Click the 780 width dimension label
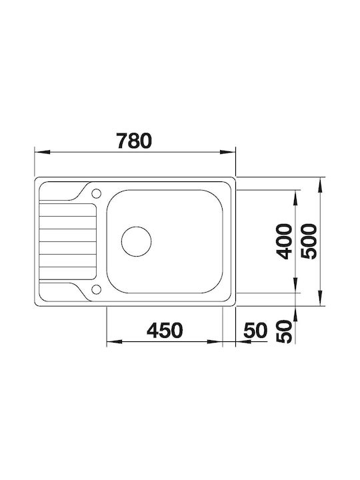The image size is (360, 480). click(134, 141)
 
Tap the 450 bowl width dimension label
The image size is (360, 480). click(165, 330)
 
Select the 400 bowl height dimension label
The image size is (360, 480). click(284, 241)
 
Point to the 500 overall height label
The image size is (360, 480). click(309, 241)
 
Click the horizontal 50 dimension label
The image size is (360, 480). click(255, 330)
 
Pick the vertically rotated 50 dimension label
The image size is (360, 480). click(284, 331)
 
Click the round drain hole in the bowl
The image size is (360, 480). click(137, 241)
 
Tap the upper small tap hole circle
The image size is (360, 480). click(96, 194)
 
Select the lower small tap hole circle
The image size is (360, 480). click(96, 289)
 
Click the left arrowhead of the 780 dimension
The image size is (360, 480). click(42, 152)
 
